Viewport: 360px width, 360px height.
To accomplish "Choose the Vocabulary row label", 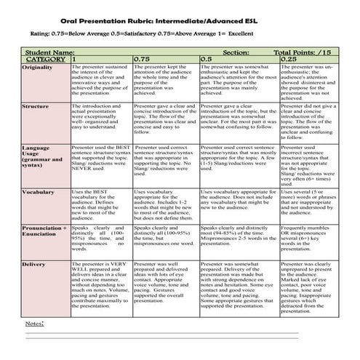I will tap(38, 192).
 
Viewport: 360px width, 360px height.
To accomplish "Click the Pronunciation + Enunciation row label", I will tap(44, 231).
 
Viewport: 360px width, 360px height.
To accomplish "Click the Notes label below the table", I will tap(33, 322).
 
